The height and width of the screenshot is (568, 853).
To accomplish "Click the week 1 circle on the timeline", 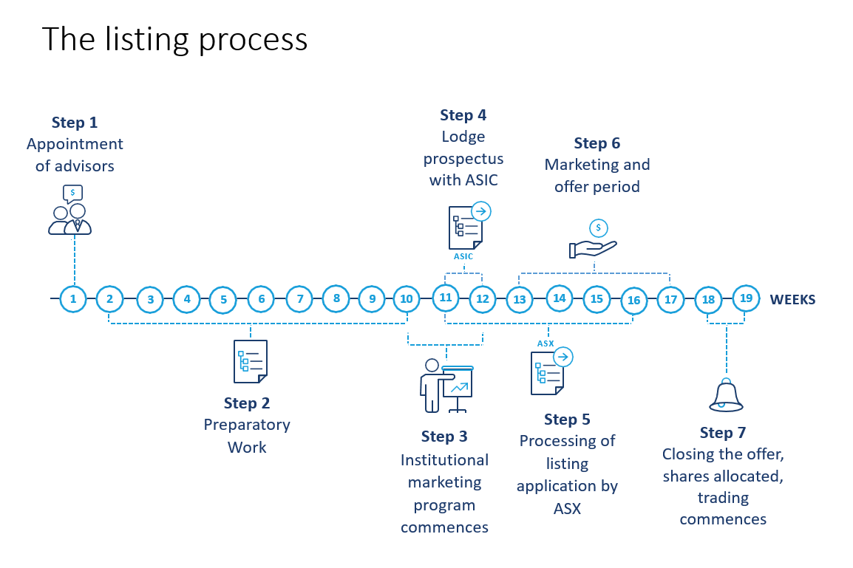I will pyautogui.click(x=73, y=299).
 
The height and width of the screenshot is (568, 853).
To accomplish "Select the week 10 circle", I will pyautogui.click(x=407, y=299).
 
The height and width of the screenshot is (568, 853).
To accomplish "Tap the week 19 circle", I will pyautogui.click(x=746, y=298).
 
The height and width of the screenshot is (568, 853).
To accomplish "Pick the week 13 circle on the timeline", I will pyautogui.click(x=520, y=300).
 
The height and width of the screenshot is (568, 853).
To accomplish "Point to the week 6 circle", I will pyautogui.click(x=261, y=299).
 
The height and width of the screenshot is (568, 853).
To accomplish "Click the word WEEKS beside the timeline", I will pyautogui.click(x=792, y=300).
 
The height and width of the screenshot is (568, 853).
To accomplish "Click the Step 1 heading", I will pyautogui.click(x=75, y=123).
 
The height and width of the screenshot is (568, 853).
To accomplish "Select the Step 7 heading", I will pyautogui.click(x=723, y=432).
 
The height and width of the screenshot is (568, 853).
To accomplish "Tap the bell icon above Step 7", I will pyautogui.click(x=726, y=396).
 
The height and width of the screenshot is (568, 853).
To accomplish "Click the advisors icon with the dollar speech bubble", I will pyautogui.click(x=70, y=211).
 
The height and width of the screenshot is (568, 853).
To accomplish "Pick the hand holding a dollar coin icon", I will pyautogui.click(x=593, y=241).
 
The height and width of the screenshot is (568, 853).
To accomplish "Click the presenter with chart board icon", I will pyautogui.click(x=446, y=386).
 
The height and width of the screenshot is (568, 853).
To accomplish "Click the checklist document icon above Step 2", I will pyautogui.click(x=250, y=361).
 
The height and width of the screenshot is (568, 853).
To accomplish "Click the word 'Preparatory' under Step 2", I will pyautogui.click(x=247, y=425).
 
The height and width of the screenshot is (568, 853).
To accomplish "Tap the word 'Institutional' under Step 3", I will pyautogui.click(x=444, y=460).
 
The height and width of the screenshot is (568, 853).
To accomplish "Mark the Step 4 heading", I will pyautogui.click(x=463, y=115).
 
